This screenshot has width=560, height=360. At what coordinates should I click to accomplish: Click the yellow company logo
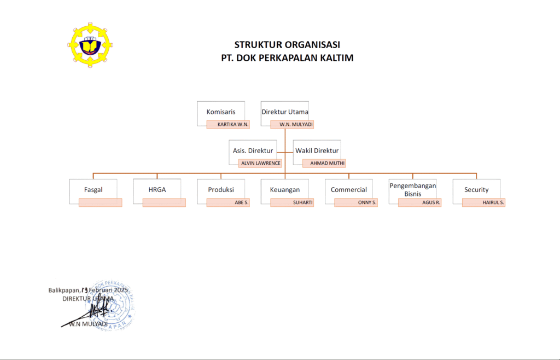pos(90,47)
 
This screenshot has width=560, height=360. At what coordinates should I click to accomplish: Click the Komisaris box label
pos(221,112)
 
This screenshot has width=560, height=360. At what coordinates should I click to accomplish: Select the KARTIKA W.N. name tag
pos(228,125)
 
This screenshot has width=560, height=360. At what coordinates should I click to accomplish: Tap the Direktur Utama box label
pos(284,112)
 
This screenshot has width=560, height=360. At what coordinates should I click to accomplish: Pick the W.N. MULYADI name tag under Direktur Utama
pos(292,125)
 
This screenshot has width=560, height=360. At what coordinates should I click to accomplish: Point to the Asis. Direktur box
pos(253,150)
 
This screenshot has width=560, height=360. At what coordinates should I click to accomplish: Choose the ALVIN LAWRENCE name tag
pos(260,163)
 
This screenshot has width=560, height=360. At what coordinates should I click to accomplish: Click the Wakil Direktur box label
pos(317,150)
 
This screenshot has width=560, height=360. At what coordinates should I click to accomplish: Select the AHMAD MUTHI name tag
pos(324,163)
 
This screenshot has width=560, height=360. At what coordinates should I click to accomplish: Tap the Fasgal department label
pos(94,190)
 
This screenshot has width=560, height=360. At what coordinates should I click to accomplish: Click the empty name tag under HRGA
pos(164,202)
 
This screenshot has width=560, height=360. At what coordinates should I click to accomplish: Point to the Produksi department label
pos(221,190)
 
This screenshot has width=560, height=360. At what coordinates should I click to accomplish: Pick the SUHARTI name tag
pos(292,202)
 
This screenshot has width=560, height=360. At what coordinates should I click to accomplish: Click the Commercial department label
pos(349,190)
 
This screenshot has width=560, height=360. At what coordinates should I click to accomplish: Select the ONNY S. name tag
pos(356,202)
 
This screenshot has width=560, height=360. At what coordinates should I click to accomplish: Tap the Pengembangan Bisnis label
pos(413,189)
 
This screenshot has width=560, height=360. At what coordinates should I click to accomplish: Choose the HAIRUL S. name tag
pos(484,202)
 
